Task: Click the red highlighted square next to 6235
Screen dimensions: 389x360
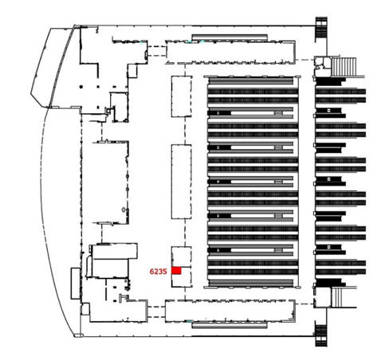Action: point(176,271)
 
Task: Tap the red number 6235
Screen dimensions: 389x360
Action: point(158,272)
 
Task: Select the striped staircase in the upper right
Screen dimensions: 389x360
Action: point(344,67)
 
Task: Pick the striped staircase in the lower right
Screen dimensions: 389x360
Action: point(336,298)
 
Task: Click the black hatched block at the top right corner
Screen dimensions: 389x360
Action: point(321,29)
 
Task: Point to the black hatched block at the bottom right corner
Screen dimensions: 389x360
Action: point(321,334)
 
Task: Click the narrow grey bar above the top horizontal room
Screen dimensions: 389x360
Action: point(230,37)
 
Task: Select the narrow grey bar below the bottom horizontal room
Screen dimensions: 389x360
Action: point(230,324)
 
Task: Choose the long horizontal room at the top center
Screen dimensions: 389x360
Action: point(230,53)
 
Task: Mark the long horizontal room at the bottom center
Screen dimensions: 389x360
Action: point(230,311)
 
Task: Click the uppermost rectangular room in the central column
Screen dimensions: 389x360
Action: point(182,96)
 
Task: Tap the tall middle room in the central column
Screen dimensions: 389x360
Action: point(182,182)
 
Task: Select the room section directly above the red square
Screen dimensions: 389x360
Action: point(182,256)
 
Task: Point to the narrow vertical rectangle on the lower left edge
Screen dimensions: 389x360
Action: point(76,284)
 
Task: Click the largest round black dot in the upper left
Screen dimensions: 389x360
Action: point(81,87)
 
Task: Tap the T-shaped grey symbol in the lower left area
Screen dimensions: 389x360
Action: point(124,297)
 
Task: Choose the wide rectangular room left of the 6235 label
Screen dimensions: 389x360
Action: point(115,251)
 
